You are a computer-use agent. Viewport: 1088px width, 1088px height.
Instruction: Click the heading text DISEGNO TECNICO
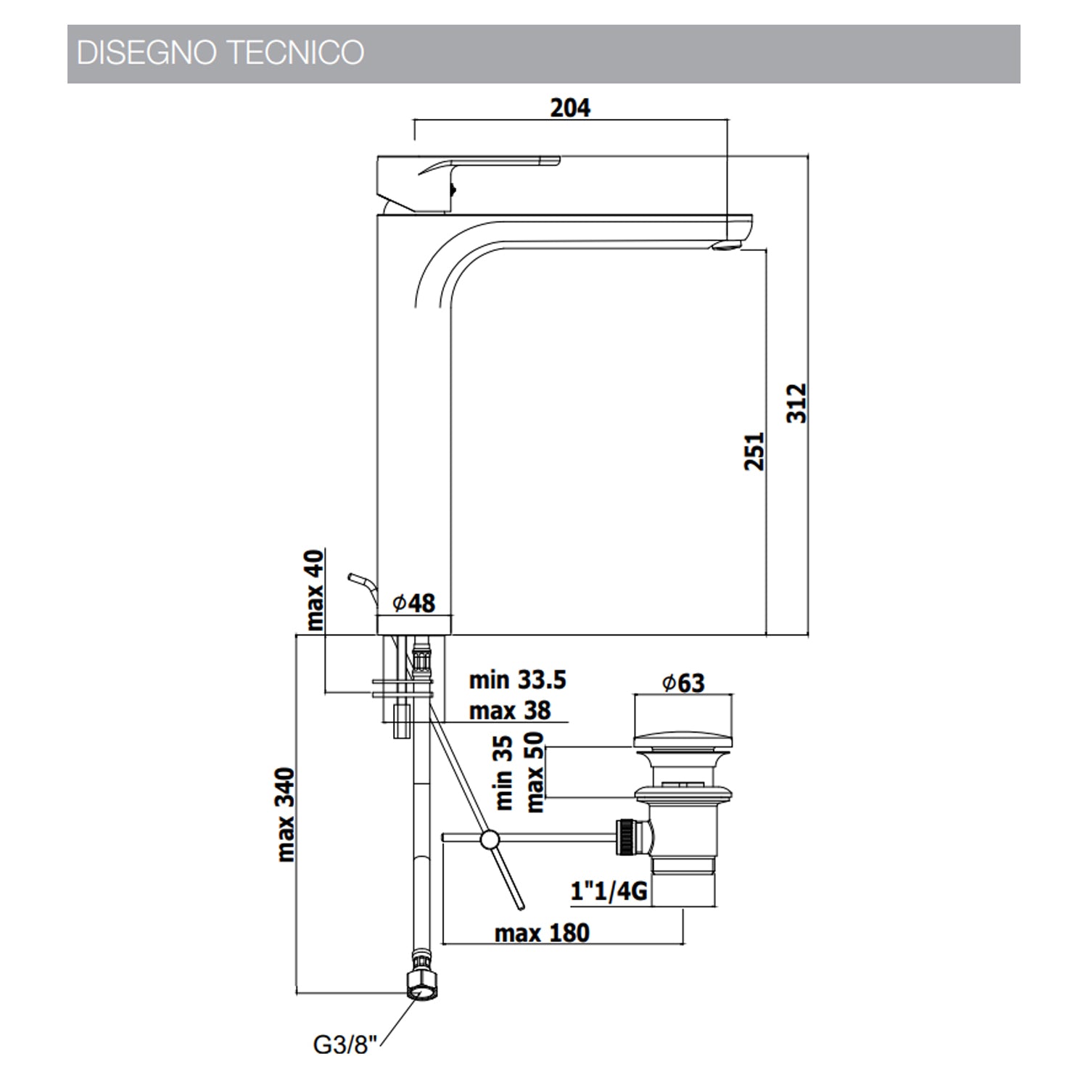click(x=220, y=53)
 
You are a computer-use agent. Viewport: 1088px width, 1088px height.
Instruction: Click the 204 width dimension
click(x=570, y=108)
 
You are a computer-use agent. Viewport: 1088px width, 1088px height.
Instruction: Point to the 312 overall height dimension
click(x=797, y=403)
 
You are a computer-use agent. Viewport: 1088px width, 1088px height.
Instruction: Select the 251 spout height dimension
click(x=754, y=450)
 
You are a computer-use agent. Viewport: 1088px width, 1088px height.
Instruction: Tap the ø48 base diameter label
click(x=414, y=603)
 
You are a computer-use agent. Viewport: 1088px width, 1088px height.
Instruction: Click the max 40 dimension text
click(x=316, y=590)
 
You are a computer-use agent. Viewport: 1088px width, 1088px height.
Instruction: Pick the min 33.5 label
click(x=517, y=680)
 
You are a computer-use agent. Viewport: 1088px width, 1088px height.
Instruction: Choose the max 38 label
click(x=510, y=710)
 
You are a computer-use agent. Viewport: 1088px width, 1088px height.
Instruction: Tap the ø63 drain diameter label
click(x=683, y=683)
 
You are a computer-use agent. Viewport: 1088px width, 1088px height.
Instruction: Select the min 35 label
click(x=503, y=772)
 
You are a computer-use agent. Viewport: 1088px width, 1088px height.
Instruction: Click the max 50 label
click(x=535, y=772)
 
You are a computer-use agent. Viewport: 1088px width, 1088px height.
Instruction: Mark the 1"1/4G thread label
click(x=609, y=890)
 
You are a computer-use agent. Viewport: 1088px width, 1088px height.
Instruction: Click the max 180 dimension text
click(x=542, y=933)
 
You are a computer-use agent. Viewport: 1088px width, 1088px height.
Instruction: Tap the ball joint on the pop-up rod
click(x=490, y=839)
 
